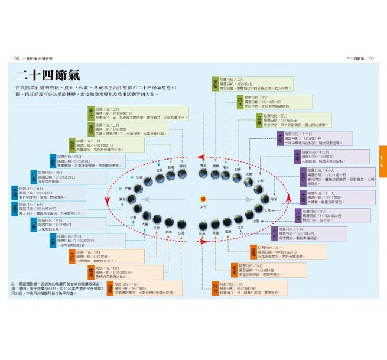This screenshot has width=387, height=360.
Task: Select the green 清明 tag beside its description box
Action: [91, 129]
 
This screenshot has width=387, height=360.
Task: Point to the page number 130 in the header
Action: [18, 58]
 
